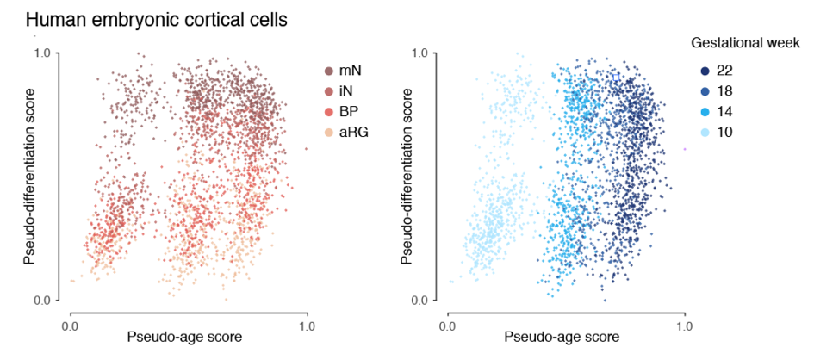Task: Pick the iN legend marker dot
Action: [x=329, y=90]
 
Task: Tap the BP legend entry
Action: [x=344, y=111]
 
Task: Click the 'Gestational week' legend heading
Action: [x=747, y=41]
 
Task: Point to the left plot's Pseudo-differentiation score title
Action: [x=29, y=177]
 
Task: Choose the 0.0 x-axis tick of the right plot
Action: [x=447, y=326]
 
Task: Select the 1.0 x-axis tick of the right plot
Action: [x=685, y=326]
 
